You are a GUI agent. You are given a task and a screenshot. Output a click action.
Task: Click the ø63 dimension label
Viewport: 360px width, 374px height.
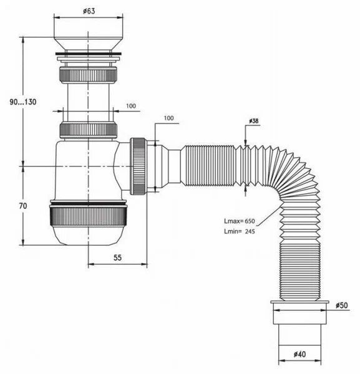[89, 11]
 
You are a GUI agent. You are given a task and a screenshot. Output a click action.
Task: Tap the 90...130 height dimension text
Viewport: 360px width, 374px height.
[23, 102]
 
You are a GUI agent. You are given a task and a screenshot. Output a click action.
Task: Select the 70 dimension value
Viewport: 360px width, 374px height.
[23, 206]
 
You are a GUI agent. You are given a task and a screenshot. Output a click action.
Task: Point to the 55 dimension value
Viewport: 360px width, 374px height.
[117, 257]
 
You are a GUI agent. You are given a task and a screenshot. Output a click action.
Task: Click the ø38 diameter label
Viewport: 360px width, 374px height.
[253, 121]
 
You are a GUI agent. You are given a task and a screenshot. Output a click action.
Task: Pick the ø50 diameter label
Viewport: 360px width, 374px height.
[342, 305]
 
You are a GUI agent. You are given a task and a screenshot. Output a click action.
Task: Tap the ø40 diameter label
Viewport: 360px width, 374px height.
[299, 355]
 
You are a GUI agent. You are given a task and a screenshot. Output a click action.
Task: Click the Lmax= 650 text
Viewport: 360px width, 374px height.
[240, 221]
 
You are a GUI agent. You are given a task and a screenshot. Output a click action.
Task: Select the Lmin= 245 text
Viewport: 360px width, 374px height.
[240, 231]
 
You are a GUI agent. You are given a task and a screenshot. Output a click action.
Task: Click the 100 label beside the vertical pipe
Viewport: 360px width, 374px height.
[131, 106]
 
